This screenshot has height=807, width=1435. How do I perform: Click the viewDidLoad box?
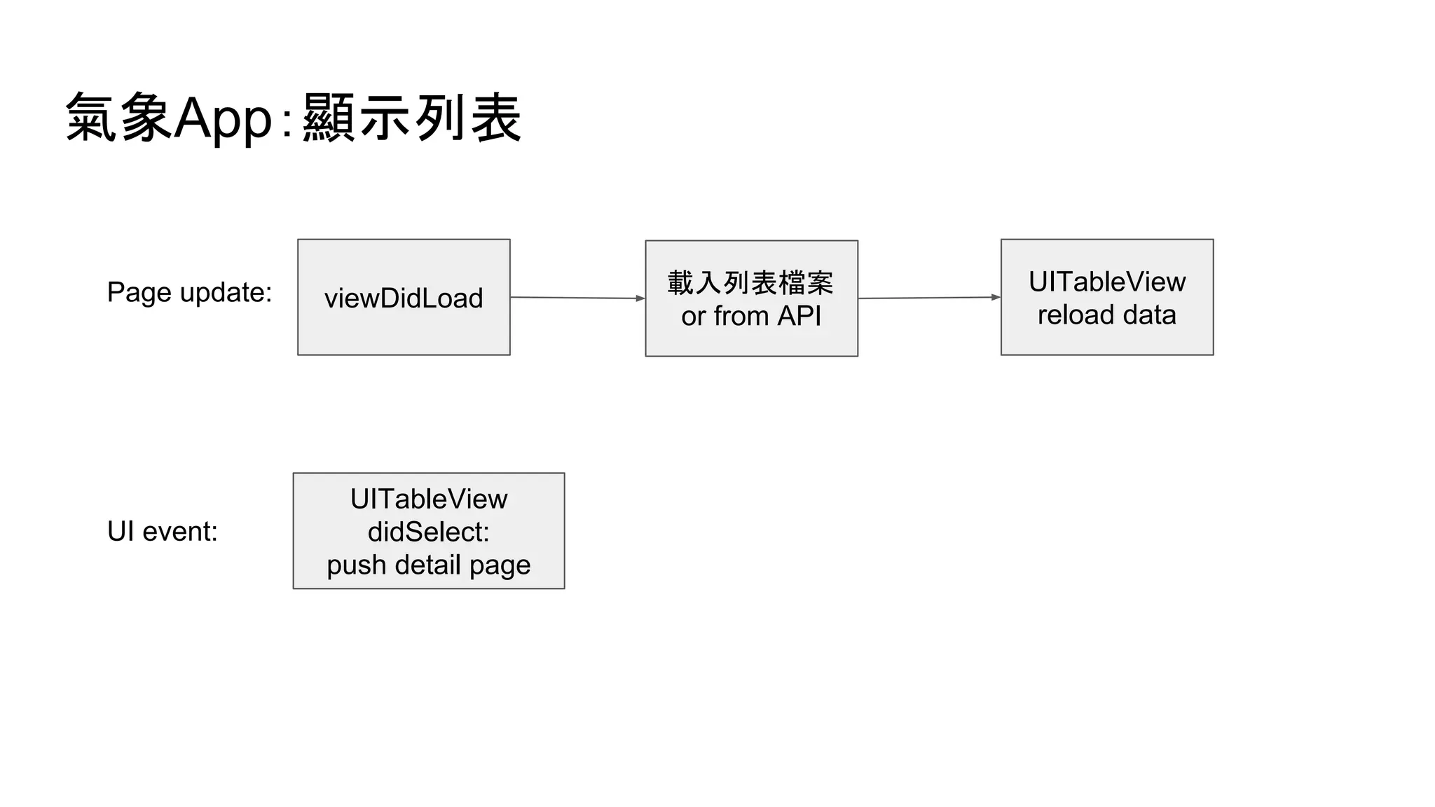(x=404, y=297)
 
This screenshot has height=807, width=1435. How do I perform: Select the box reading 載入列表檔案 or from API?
(x=751, y=298)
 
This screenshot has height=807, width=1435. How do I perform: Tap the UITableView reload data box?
(x=1106, y=297)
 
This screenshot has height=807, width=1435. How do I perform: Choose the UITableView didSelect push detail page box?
(x=428, y=531)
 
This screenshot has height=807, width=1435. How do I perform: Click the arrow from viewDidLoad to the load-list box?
(x=576, y=298)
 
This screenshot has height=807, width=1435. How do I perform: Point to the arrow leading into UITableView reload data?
(x=928, y=298)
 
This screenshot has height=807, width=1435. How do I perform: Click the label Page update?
(x=189, y=292)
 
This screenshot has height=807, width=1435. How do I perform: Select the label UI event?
(x=162, y=532)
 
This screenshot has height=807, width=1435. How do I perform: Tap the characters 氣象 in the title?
(x=118, y=118)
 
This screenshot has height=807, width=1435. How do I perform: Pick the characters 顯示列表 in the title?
(x=412, y=118)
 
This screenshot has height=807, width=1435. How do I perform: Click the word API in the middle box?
(x=799, y=316)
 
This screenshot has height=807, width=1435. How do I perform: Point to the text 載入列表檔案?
(x=750, y=283)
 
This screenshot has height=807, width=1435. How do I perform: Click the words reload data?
(x=1106, y=315)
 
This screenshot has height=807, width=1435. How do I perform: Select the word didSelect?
(x=428, y=532)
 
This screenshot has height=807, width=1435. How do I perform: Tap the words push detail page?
(x=428, y=565)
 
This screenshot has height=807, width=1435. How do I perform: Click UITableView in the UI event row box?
(x=428, y=499)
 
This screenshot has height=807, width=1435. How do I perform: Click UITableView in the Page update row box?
(x=1106, y=282)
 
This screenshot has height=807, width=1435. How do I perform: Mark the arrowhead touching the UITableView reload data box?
(x=996, y=297)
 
